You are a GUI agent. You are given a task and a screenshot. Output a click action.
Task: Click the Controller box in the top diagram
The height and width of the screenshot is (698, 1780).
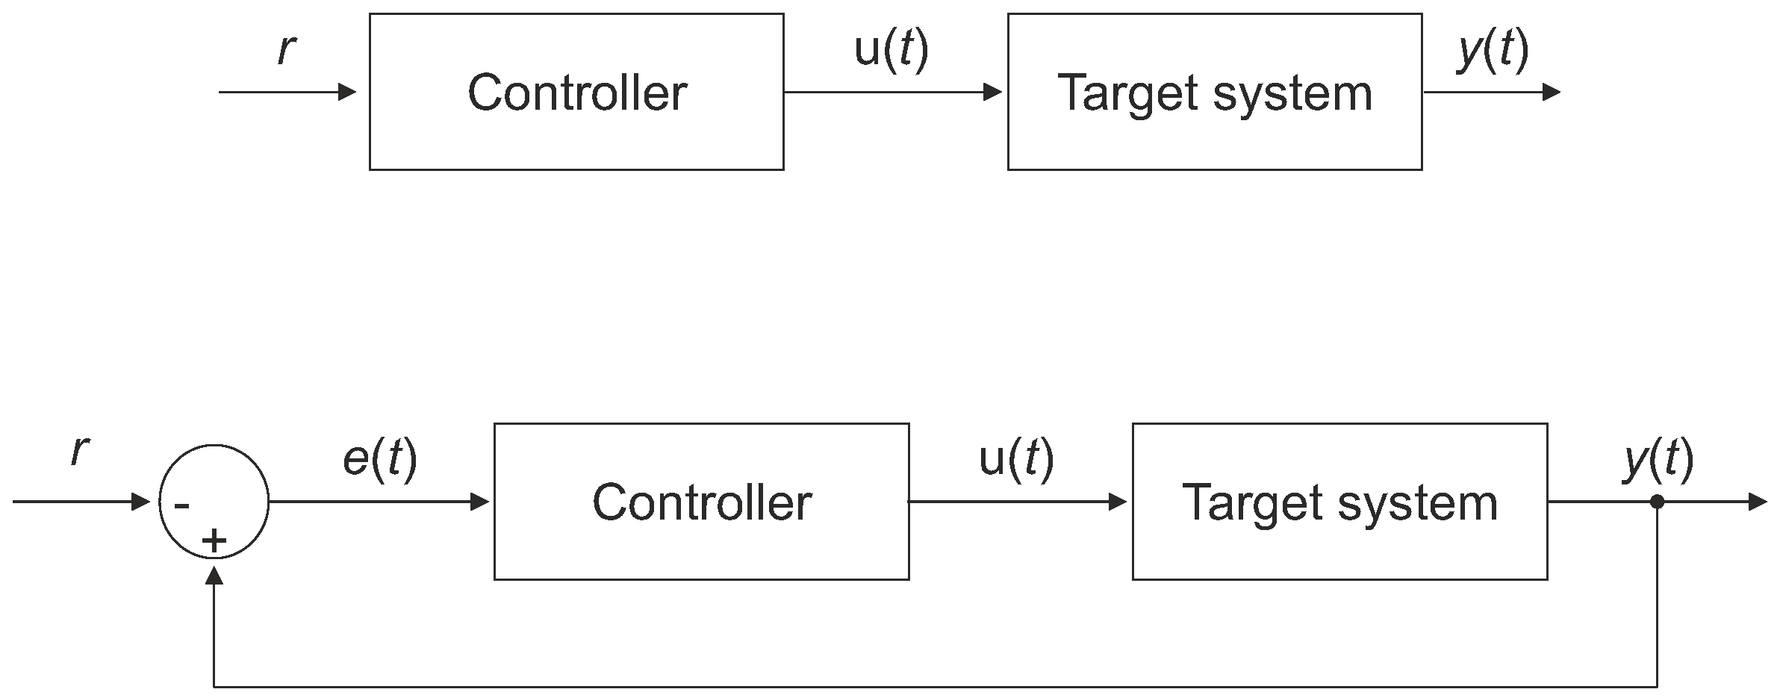click(576, 92)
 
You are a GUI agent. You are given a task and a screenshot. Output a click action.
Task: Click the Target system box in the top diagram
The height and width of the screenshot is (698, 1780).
click(1214, 92)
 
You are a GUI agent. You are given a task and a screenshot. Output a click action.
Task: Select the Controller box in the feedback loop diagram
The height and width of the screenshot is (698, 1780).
click(701, 502)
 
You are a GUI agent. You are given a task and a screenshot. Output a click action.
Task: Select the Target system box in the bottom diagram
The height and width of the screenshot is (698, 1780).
click(1339, 502)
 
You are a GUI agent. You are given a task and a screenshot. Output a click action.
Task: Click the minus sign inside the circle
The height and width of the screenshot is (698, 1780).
click(181, 506)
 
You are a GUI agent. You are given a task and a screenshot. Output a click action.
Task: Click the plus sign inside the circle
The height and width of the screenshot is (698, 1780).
click(214, 540)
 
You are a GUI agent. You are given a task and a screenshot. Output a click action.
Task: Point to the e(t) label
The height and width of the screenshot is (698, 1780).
click(379, 458)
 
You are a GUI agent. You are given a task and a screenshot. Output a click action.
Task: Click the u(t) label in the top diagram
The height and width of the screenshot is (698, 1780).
click(891, 50)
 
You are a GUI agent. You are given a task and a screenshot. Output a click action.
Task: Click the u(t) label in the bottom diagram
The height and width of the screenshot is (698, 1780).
click(1015, 458)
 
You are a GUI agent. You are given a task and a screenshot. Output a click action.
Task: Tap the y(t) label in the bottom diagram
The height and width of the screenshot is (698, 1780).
click(1658, 458)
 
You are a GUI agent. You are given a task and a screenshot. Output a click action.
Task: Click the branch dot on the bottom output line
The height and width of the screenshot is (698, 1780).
click(1657, 502)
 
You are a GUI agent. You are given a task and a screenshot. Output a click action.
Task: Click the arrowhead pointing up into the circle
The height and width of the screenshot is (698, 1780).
click(214, 574)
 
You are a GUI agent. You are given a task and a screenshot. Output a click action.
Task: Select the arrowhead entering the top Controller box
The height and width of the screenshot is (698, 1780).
click(348, 92)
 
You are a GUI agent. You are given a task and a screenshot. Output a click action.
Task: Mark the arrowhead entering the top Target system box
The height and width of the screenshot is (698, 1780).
click(993, 92)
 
